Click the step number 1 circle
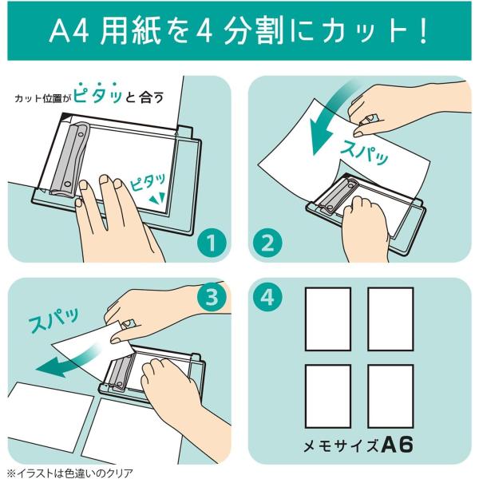[x=212, y=243]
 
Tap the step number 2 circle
[x=268, y=243]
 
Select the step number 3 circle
[x=212, y=297]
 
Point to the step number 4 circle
[x=268, y=297]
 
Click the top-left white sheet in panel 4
[x=328, y=319]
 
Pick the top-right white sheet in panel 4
[x=390, y=319]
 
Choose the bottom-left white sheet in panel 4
[x=328, y=396]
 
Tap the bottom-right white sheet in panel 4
[x=390, y=396]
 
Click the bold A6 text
[x=398, y=445]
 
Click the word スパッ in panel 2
[x=364, y=152]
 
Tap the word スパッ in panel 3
[x=53, y=319]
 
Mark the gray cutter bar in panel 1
[x=68, y=160]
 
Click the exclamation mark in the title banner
[x=423, y=32]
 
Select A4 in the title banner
[x=69, y=32]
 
